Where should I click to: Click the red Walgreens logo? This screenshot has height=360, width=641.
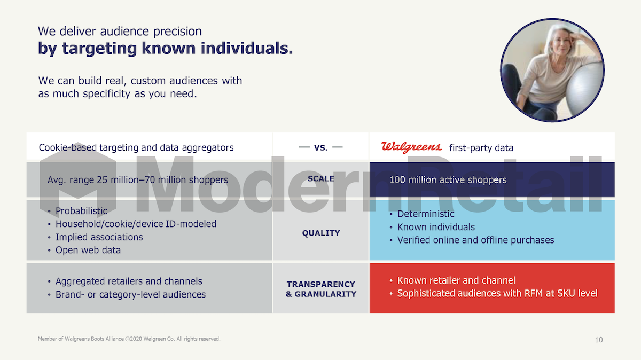coord(411,147)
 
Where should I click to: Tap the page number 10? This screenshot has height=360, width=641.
coord(599,340)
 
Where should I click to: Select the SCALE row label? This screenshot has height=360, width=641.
coord(321,178)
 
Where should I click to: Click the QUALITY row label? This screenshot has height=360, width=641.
coord(321,233)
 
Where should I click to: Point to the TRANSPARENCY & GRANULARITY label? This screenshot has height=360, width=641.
coord(321,289)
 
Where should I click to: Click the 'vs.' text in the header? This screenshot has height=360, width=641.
coord(321,147)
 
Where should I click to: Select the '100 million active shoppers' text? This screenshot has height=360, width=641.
coord(448,179)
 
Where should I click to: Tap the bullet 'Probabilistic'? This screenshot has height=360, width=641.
coord(81,211)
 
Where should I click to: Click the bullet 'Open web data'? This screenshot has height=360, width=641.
coord(88,250)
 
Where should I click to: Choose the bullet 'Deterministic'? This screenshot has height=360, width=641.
coord(426,214)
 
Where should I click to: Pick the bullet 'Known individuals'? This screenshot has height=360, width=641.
coord(436,227)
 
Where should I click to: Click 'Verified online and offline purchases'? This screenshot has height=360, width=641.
coord(475,240)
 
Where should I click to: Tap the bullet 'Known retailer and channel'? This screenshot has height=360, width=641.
coord(456,280)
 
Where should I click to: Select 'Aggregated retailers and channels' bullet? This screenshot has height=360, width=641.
coord(129,281)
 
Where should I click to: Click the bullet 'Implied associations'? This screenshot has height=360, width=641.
coord(99,237)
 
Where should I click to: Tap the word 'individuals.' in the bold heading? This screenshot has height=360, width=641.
coord(247,48)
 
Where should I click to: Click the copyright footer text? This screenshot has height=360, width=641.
coord(129,339)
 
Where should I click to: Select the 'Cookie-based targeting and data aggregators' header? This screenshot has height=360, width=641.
coord(136,147)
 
